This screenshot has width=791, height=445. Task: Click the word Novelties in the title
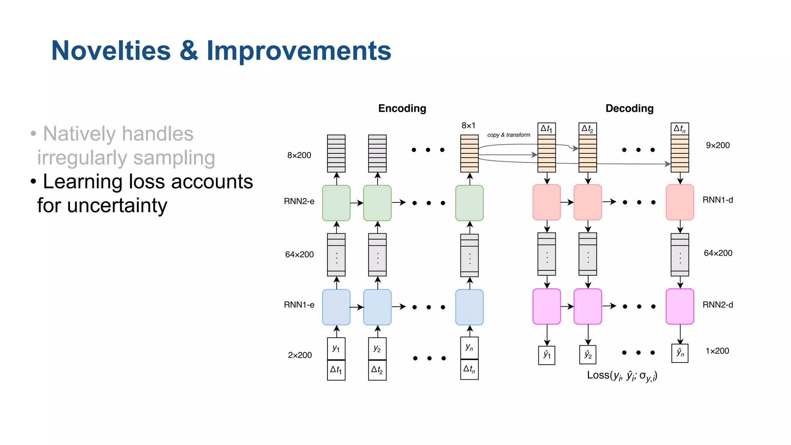(x=111, y=51)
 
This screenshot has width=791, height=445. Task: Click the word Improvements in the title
(x=299, y=51)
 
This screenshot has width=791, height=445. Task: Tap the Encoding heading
(x=402, y=108)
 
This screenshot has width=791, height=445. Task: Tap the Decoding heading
(x=629, y=108)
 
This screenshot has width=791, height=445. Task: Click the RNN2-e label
(x=299, y=201)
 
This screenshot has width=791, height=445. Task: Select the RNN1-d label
(x=717, y=200)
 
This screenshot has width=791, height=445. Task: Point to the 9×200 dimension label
(x=718, y=145)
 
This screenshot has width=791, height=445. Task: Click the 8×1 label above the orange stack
(x=468, y=126)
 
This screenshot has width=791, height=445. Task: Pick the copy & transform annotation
(x=508, y=135)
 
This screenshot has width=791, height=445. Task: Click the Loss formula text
(x=622, y=375)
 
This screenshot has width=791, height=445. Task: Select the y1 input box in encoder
(x=336, y=348)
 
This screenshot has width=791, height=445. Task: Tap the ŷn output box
(x=680, y=353)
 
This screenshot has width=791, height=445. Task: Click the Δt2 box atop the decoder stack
(x=587, y=129)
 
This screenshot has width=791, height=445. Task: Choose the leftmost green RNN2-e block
(x=336, y=203)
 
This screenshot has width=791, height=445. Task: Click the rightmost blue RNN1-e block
(x=469, y=307)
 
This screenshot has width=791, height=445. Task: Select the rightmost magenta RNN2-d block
(x=680, y=306)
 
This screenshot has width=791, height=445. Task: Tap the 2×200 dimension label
(x=300, y=355)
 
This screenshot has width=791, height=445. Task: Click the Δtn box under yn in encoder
(x=469, y=369)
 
